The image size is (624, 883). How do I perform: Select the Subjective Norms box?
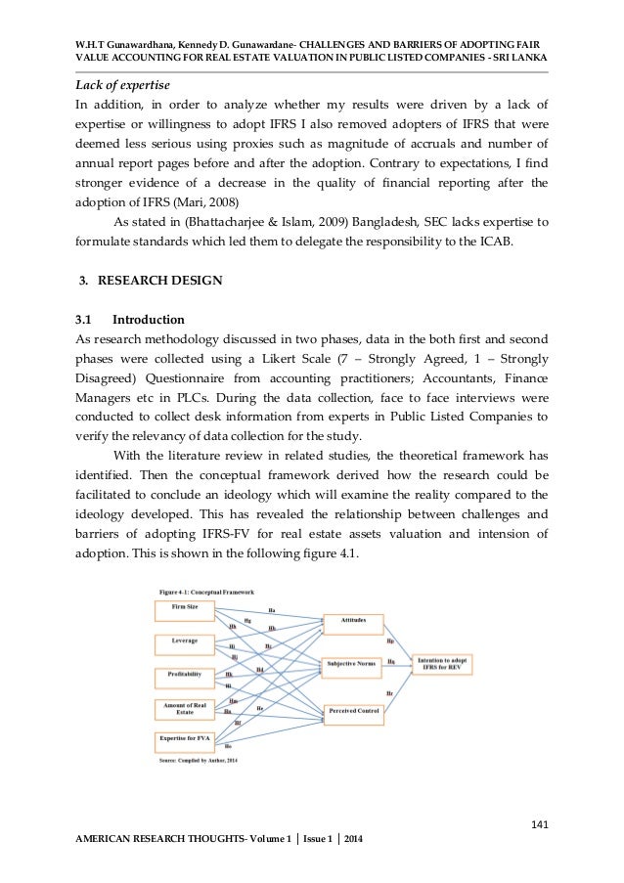point(352,665)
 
